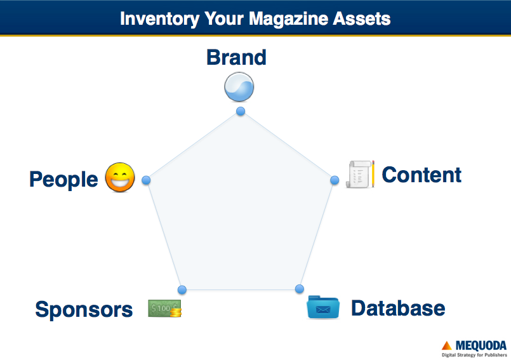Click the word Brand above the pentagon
pyautogui.click(x=237, y=57)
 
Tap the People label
pyautogui.click(x=63, y=179)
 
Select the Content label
pyautogui.click(x=421, y=175)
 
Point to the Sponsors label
pyautogui.click(x=84, y=309)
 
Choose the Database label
pyautogui.click(x=398, y=308)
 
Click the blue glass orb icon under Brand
pyautogui.click(x=239, y=87)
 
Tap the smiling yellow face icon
pyautogui.click(x=120, y=177)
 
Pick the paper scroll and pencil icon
pyautogui.click(x=360, y=174)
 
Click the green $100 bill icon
pyautogui.click(x=164, y=308)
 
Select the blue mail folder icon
pyautogui.click(x=323, y=307)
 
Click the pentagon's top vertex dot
pyautogui.click(x=241, y=111)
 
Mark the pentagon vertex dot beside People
pyautogui.click(x=146, y=180)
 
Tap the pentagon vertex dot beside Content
pyautogui.click(x=335, y=180)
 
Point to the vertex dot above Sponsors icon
pyautogui.click(x=182, y=290)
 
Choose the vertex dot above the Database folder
pyautogui.click(x=300, y=289)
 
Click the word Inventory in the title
pyautogui.click(x=160, y=18)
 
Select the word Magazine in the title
pyautogui.click(x=288, y=18)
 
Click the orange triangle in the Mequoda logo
pyautogui.click(x=446, y=345)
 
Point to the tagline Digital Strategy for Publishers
pyautogui.click(x=474, y=355)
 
